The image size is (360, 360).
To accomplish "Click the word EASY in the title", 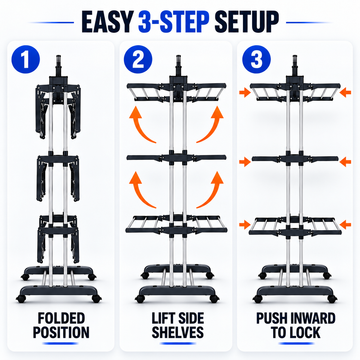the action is [x=107, y=22].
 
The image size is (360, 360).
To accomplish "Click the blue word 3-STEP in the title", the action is [x=173, y=22].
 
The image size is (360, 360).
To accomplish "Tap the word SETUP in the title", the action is [x=246, y=22].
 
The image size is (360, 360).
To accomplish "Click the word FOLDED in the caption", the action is [x=61, y=318].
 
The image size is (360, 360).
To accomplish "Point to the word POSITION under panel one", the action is [x=61, y=333].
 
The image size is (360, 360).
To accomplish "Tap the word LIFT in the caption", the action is [x=163, y=318].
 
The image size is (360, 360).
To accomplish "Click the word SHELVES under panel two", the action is [x=177, y=333].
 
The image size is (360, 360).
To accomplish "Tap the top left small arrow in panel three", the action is [x=245, y=93].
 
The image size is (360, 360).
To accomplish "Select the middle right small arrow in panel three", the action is [x=345, y=162].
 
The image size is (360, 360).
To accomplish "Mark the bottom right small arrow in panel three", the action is [x=345, y=224].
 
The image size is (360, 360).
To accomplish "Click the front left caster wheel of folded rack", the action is [x=21, y=299].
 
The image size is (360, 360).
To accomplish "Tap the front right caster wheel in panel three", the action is [x=332, y=299].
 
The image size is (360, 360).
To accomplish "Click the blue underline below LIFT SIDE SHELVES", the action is [x=177, y=343].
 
